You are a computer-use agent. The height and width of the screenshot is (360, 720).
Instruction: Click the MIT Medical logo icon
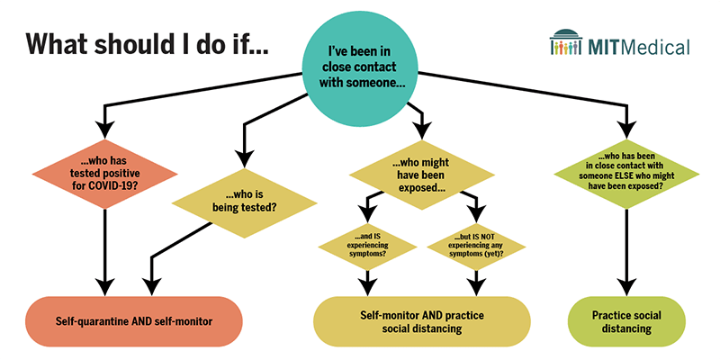574,43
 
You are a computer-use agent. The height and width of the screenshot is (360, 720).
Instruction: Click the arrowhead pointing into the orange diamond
106,123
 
